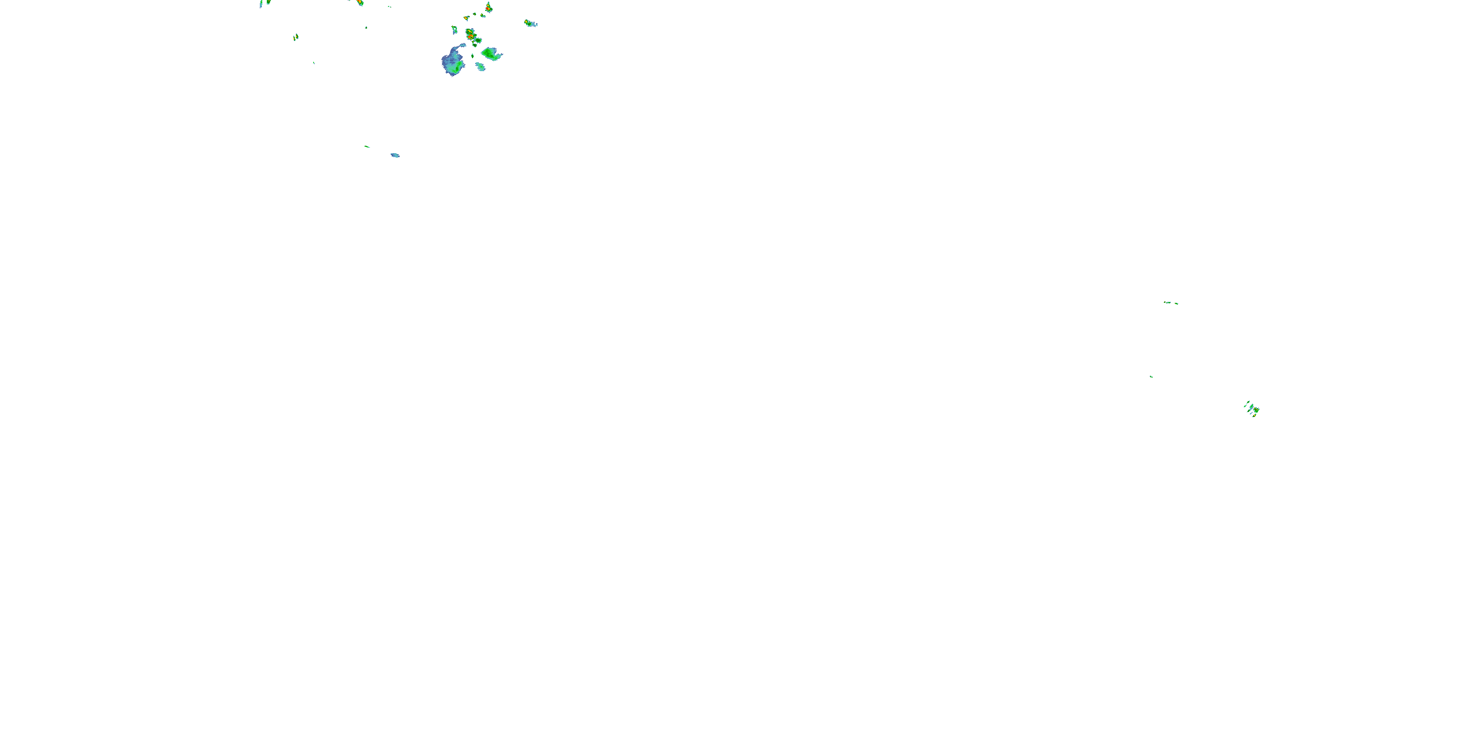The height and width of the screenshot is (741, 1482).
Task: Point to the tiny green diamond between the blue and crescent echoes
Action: point(472,56)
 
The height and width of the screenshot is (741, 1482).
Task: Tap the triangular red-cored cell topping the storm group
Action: point(489,8)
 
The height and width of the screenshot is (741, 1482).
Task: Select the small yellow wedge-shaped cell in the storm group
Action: point(466,18)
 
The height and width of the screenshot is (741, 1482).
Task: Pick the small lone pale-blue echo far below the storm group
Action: point(395,155)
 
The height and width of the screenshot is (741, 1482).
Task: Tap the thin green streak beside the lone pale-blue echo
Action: point(367,147)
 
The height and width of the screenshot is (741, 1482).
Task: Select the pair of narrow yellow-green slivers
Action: point(296,38)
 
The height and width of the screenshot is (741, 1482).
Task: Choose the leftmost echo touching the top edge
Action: point(265,3)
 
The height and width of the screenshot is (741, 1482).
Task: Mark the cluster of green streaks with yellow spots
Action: point(1252,409)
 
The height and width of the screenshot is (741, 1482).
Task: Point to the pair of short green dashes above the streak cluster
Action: point(1171,303)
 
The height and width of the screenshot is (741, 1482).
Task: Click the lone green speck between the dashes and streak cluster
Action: point(1151,376)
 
